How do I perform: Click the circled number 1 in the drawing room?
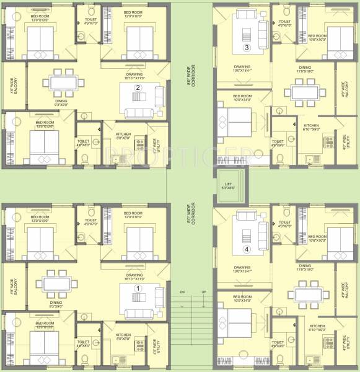click(138, 288)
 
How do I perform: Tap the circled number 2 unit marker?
click(139, 88)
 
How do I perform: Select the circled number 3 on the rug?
click(247, 47)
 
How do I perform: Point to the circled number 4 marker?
click(247, 249)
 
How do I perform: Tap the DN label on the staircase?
click(182, 291)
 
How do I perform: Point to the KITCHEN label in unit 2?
click(125, 136)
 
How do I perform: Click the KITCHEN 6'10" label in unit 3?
click(311, 128)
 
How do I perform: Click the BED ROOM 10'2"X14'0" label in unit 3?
click(242, 97)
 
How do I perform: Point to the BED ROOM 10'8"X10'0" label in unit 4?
click(317, 238)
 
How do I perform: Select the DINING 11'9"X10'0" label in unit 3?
click(305, 69)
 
